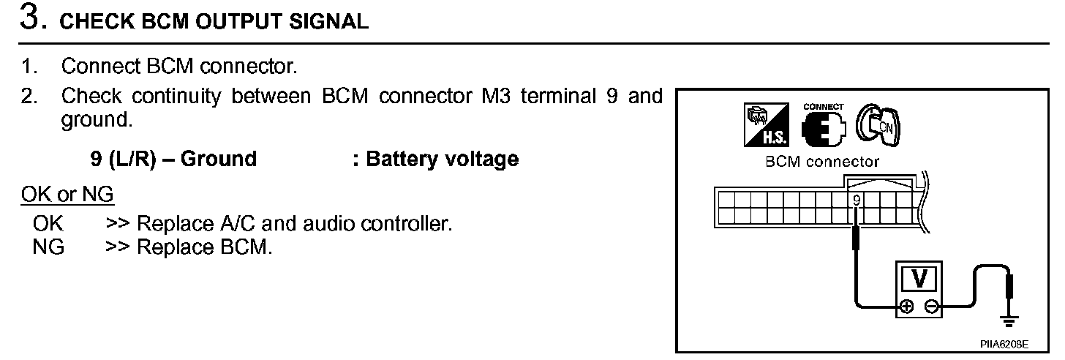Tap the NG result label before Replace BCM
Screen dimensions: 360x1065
[x=48, y=247]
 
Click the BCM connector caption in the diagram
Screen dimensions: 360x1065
[x=822, y=162]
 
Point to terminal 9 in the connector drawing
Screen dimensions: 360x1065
[x=857, y=199]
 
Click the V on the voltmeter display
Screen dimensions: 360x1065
[x=921, y=279]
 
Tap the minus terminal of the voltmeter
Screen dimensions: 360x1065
[x=931, y=307]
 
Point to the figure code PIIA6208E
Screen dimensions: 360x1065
[x=1006, y=342]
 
